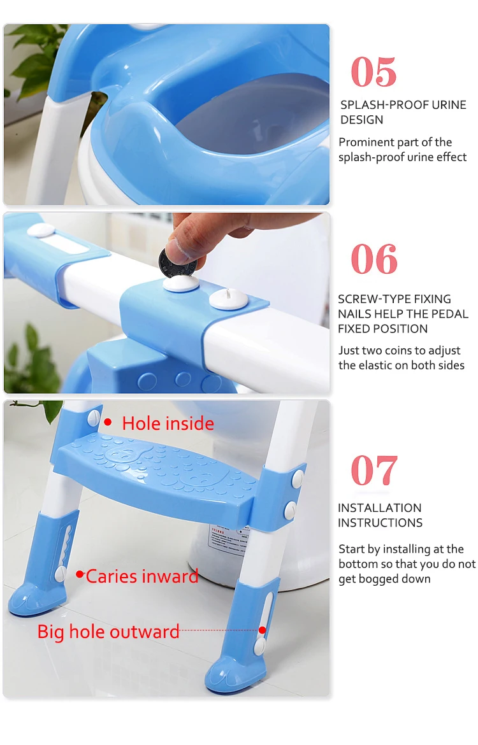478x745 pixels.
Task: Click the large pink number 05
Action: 373,72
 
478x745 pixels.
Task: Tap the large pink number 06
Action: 374,259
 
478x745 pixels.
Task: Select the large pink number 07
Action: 374,470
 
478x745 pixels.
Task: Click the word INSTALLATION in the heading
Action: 380,508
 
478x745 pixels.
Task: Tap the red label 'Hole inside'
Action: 168,423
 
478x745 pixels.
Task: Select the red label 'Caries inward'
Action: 141,576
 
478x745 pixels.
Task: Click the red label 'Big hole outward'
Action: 108,632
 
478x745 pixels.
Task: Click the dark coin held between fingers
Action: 177,262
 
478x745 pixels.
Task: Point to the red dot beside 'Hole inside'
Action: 108,422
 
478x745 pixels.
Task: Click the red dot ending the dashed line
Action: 262,630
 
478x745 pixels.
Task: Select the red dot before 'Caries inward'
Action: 80,574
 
